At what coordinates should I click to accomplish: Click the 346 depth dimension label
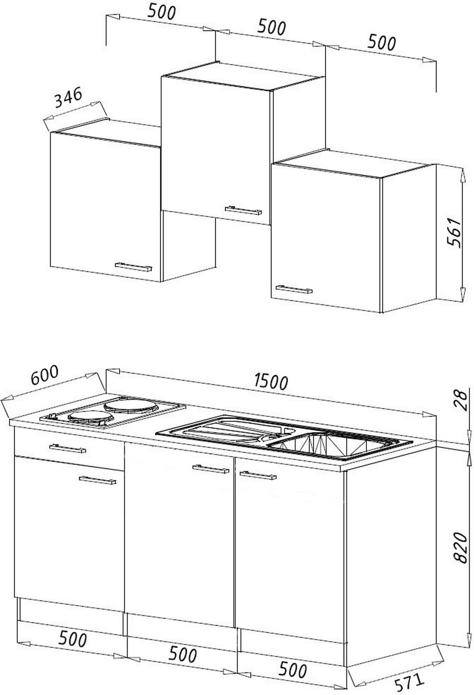point(68,97)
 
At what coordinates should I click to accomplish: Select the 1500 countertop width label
point(271,381)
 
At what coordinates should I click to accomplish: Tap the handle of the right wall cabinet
point(294,289)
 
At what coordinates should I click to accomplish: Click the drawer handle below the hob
point(68,448)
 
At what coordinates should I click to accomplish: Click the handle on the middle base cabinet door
point(211,469)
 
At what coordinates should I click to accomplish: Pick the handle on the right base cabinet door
point(258,475)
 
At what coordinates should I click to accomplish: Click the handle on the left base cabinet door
point(98,480)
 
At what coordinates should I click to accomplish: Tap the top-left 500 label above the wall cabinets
point(162,12)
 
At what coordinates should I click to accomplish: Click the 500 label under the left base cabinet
point(73,639)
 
